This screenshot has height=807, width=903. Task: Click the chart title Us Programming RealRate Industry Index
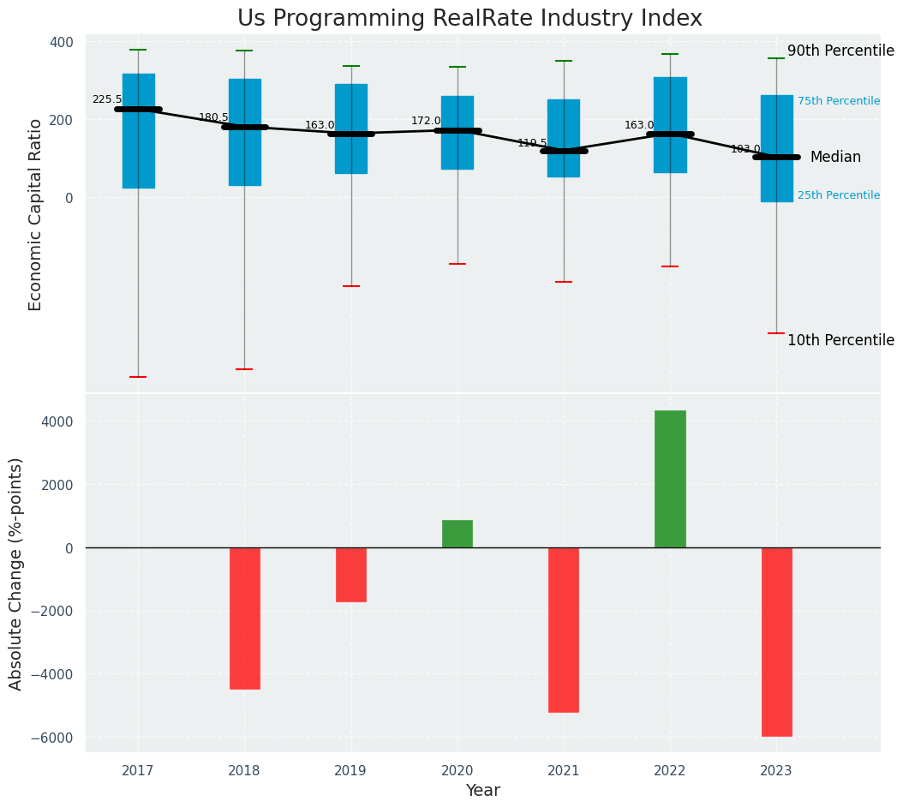[x=469, y=19]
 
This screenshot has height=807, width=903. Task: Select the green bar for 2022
[x=670, y=479]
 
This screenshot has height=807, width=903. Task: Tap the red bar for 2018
[x=245, y=618]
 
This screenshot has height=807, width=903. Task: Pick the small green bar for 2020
[x=457, y=534]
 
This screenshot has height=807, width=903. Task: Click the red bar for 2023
[x=776, y=642]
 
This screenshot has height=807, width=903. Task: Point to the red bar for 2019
[x=351, y=575]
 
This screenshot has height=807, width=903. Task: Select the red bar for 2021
[x=564, y=630]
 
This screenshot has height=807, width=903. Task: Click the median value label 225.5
[x=107, y=99]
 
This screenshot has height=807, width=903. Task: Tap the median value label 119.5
[x=532, y=143]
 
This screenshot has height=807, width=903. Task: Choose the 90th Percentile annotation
[x=840, y=51]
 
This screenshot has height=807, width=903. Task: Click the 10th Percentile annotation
[x=840, y=340]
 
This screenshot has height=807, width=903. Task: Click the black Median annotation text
[x=835, y=157]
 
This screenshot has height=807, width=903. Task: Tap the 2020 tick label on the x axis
[x=457, y=771]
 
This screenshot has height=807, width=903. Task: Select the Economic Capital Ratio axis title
[x=36, y=214]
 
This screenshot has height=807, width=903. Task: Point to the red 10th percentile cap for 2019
[x=351, y=286]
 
